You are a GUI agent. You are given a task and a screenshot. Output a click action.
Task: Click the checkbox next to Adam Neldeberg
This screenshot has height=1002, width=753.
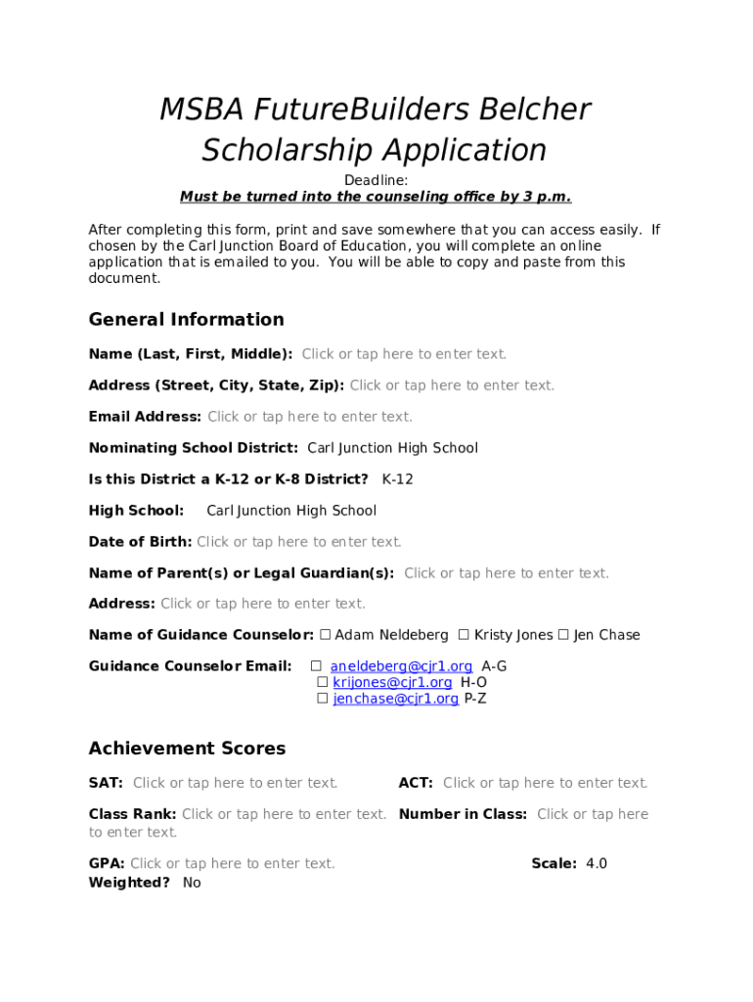tap(326, 635)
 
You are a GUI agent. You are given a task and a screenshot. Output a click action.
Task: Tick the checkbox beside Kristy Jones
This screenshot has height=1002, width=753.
tap(464, 635)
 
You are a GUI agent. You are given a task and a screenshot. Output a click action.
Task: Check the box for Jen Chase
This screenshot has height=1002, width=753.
tap(563, 635)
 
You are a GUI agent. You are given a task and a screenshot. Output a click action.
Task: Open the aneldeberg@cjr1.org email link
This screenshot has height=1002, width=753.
tap(401, 666)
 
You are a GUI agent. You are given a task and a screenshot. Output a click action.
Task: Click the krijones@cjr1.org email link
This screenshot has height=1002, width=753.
tap(392, 682)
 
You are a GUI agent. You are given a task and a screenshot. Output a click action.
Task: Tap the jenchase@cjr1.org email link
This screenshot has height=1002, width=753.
tap(395, 699)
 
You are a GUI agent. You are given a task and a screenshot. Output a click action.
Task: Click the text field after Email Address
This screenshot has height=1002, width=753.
tap(310, 417)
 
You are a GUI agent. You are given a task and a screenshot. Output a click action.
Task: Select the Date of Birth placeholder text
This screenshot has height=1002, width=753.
tap(299, 542)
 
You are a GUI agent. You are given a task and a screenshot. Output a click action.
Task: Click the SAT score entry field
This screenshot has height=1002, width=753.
tap(236, 783)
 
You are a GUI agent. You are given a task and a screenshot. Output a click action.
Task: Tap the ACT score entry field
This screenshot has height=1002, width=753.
tap(546, 783)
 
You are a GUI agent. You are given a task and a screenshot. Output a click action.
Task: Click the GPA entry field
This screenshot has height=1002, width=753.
tap(233, 863)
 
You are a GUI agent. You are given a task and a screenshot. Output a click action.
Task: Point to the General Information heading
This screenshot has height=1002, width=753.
tap(186, 320)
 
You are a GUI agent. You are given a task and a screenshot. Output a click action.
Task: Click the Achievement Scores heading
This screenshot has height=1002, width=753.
tap(187, 749)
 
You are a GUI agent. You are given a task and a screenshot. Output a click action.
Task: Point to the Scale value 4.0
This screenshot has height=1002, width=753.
tap(597, 863)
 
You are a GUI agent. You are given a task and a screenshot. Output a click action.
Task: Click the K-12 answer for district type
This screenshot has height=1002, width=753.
tap(398, 479)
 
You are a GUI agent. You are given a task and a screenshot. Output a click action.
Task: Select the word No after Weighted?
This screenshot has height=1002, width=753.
tap(192, 883)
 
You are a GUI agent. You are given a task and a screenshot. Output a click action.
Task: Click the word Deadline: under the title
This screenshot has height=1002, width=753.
tap(376, 181)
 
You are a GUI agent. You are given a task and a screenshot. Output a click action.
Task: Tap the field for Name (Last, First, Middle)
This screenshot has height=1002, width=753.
tap(404, 354)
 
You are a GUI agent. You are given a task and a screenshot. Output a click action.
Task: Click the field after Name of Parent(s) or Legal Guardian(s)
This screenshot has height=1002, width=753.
tap(507, 573)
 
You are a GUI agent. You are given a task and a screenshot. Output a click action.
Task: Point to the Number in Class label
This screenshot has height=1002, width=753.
tap(463, 814)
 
